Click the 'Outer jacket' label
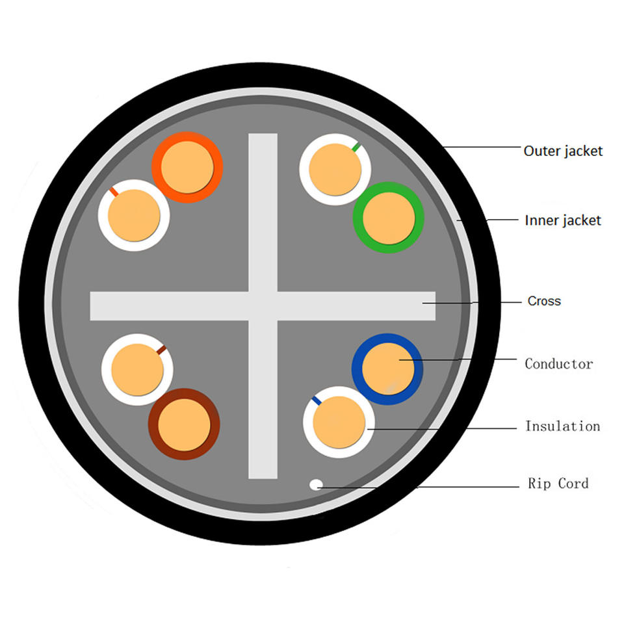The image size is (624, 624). point(563,151)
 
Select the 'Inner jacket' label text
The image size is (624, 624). point(563,220)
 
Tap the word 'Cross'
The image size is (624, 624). point(544,301)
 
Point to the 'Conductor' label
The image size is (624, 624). point(559,363)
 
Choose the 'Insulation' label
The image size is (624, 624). point(562,426)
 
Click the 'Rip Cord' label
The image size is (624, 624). point(558,484)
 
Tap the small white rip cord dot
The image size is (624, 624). point(316,484)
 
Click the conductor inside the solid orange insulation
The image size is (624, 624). point(187,167)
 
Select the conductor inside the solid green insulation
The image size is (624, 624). point(388,218)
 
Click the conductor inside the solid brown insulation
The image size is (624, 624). point(185,424)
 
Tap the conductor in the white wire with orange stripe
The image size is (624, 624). point(134,215)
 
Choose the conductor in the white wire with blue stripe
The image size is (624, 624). point(339,422)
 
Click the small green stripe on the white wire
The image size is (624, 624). point(356,147)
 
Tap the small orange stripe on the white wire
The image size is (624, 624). point(114,192)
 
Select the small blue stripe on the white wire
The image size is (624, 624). point(317,400)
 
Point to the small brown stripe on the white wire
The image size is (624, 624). point(161,351)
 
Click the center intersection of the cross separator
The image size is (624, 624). point(263,305)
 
